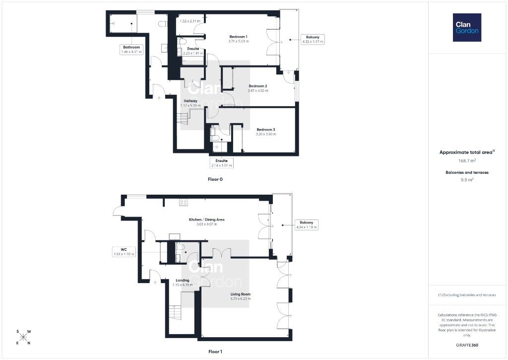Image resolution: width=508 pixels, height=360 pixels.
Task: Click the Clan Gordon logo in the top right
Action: click(x=467, y=28)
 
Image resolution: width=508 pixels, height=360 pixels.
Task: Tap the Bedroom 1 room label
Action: click(x=239, y=37)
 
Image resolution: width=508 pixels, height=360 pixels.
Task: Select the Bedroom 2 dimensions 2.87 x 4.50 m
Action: click(x=258, y=91)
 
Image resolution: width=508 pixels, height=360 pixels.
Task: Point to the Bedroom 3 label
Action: click(x=266, y=130)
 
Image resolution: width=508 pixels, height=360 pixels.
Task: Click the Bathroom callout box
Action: click(x=131, y=49)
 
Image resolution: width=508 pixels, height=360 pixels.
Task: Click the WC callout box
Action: click(x=124, y=252)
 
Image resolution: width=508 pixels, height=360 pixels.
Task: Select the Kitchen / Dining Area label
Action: click(x=207, y=219)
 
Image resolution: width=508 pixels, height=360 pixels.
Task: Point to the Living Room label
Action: click(x=241, y=294)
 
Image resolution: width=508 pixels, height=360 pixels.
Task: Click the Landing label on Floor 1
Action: click(x=183, y=280)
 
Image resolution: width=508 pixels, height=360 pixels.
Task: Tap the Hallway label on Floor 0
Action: click(x=190, y=101)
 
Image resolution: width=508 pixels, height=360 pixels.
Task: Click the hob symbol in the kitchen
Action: click(x=184, y=203)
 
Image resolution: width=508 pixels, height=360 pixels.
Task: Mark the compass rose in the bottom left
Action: click(x=23, y=337)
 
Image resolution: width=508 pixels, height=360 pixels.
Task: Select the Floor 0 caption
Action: click(x=215, y=179)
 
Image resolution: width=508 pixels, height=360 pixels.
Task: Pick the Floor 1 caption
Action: click(x=215, y=352)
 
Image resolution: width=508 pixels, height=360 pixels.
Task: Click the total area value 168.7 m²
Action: click(x=467, y=160)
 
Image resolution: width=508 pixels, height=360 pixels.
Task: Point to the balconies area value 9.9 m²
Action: click(x=467, y=180)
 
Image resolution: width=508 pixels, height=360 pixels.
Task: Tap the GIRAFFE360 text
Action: click(x=467, y=345)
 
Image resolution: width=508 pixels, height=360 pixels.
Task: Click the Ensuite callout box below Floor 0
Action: click(x=222, y=163)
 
